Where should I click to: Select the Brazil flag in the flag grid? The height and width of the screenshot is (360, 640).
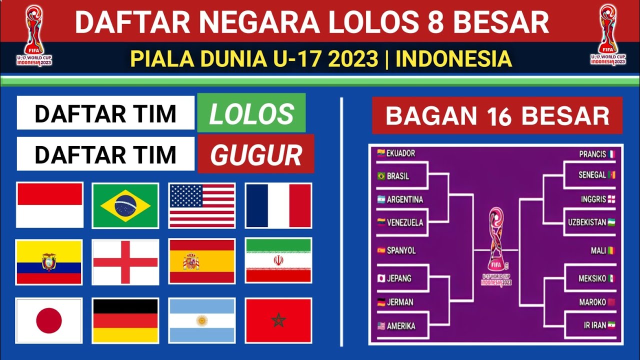click(x=125, y=205)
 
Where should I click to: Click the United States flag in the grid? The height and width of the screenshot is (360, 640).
click(x=202, y=205)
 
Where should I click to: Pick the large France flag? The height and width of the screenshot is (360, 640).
click(x=278, y=205)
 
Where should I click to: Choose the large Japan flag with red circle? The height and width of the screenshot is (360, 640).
click(x=49, y=320)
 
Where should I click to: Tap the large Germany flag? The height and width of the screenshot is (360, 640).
click(x=125, y=320)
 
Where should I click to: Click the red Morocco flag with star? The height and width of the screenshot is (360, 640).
click(x=278, y=320)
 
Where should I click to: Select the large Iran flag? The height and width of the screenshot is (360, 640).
click(x=278, y=260)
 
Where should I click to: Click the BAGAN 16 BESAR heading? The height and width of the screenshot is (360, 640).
click(x=497, y=115)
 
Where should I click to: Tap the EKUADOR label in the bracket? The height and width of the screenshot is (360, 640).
click(x=400, y=153)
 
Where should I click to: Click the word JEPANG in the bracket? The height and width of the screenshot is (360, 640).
click(x=398, y=278)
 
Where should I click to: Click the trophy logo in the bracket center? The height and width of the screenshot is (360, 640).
click(x=496, y=245)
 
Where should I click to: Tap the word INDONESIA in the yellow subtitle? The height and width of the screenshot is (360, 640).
click(x=453, y=59)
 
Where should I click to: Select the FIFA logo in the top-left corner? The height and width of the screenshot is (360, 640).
click(x=34, y=35)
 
